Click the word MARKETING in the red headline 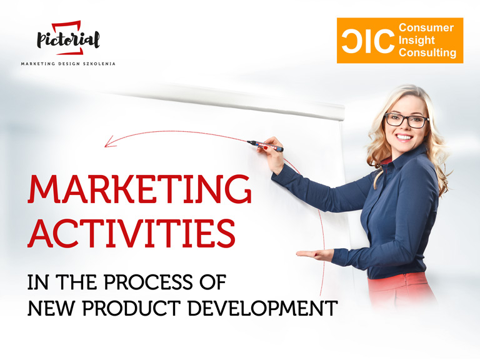coord(139,189)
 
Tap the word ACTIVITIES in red coord(132,232)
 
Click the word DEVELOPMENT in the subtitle coord(262,308)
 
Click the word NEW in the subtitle coord(51,308)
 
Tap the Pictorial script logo coord(68,38)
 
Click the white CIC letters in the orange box coord(368,41)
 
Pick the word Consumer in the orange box coord(426,27)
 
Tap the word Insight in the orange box coord(417,40)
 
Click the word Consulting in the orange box coord(427,52)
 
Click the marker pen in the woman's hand coord(265,146)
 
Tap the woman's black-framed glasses coord(407,120)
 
